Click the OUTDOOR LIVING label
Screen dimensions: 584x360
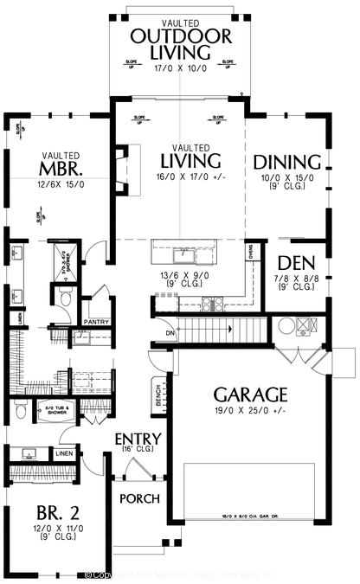click(180, 44)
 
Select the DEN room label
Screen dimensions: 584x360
click(295, 264)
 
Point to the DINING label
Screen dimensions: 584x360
click(288, 162)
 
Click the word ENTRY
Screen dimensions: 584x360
click(138, 440)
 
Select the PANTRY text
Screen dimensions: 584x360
click(95, 321)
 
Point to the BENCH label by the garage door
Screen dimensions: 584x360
click(158, 395)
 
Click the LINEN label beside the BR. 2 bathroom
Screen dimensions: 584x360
click(64, 452)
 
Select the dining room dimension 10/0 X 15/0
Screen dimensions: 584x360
click(288, 178)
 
